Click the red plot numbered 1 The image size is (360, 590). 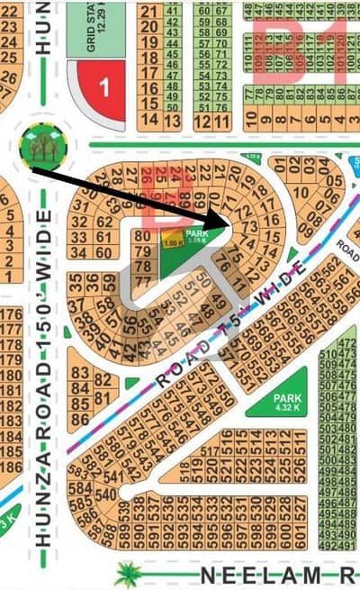(103, 87)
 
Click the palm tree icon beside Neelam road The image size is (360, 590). (129, 573)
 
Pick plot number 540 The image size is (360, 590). (105, 494)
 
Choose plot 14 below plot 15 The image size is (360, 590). (149, 120)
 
